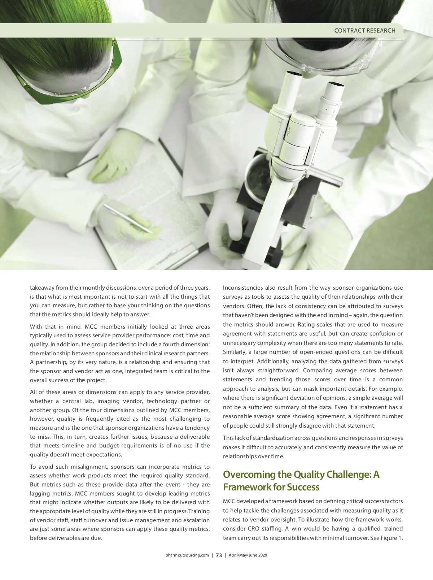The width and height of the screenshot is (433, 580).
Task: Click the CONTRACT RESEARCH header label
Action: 364,31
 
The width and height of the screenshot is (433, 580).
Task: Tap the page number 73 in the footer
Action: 219,555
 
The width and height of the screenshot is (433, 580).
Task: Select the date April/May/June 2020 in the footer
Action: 248,555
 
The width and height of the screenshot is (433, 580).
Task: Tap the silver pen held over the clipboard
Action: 128,218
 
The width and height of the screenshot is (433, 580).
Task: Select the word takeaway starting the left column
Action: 41,288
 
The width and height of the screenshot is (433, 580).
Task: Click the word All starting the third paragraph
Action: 33,392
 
